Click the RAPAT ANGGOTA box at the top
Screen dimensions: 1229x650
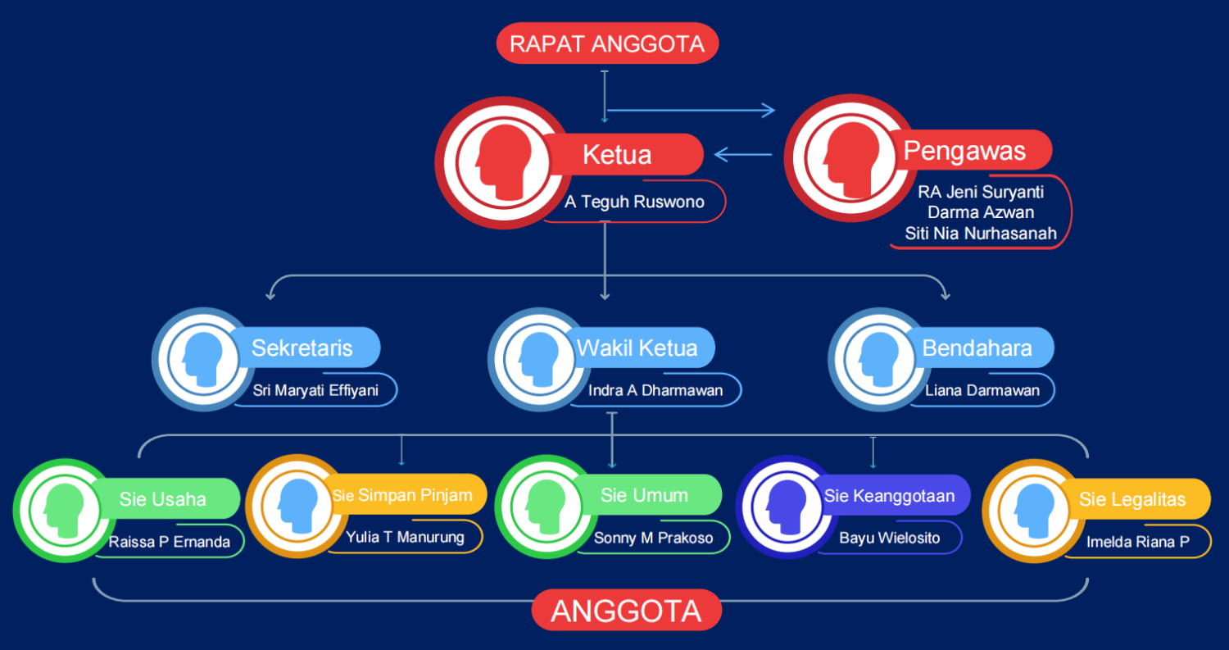point(607,43)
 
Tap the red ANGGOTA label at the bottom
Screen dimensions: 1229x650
point(627,610)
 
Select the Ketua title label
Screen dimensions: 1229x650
point(617,154)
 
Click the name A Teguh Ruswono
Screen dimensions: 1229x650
point(634,202)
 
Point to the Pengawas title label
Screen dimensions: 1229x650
point(964,151)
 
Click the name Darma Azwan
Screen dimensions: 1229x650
point(981,212)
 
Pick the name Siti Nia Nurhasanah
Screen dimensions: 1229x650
point(981,234)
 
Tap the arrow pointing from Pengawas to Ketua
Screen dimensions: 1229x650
point(743,154)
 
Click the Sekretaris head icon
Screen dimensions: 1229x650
point(202,359)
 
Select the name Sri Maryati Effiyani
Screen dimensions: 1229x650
point(315,390)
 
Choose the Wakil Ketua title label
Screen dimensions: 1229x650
point(637,348)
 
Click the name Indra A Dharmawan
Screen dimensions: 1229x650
point(655,390)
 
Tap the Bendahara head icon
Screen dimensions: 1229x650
point(878,359)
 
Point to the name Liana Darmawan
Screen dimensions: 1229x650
point(982,390)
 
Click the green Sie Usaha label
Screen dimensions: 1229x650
point(163,498)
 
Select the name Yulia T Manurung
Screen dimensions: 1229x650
point(405,537)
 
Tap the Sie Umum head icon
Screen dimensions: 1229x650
point(546,507)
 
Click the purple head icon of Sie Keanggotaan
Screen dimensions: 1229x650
point(786,507)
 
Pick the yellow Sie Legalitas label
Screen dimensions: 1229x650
point(1132,499)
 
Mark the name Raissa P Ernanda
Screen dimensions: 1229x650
point(169,542)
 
